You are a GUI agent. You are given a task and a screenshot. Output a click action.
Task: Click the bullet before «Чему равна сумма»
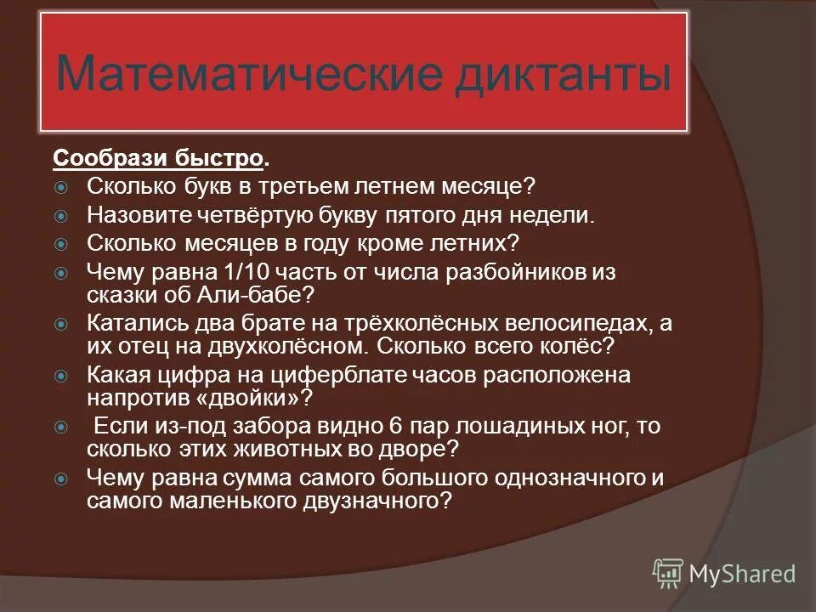[61, 479]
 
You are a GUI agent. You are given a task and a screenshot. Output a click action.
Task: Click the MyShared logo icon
[667, 573]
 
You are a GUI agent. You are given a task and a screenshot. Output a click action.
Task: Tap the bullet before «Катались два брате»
[61, 325]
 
